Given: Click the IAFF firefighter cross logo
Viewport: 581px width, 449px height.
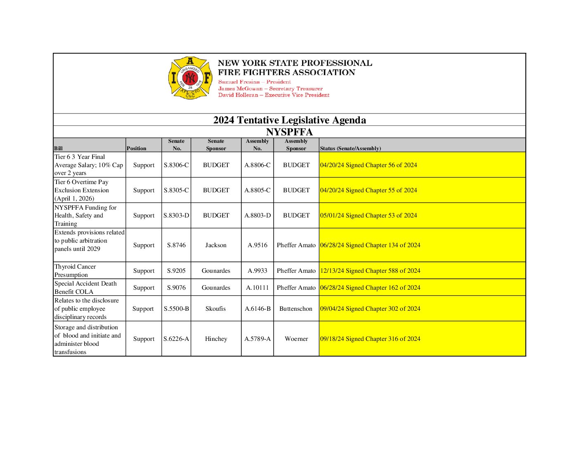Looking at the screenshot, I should [x=190, y=78].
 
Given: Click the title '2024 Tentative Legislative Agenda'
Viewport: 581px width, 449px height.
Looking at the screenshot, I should [x=289, y=120].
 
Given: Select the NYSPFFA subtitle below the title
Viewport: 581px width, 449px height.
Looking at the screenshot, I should [x=289, y=132].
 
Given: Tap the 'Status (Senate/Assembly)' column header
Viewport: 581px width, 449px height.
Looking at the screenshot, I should [x=350, y=149].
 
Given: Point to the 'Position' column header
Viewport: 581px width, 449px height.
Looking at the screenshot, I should [x=136, y=149].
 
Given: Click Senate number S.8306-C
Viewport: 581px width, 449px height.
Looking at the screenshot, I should [x=176, y=165].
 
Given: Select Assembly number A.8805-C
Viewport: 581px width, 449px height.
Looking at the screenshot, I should [x=257, y=190].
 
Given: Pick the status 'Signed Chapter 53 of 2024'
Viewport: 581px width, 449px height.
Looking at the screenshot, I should [x=368, y=215].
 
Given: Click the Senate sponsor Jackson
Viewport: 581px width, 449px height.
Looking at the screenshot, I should [x=216, y=245].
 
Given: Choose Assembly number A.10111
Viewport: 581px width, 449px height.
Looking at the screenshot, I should [x=257, y=288].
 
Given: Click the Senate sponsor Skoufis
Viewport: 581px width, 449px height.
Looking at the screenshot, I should [x=216, y=309].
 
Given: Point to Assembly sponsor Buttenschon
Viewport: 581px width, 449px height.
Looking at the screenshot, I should [x=296, y=309].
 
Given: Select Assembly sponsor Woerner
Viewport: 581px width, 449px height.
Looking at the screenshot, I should [x=296, y=339].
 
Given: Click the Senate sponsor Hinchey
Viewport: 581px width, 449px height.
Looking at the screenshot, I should [x=216, y=339].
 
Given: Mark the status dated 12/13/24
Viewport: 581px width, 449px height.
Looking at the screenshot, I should [x=370, y=271].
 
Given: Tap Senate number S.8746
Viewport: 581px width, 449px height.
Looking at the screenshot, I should [x=176, y=245].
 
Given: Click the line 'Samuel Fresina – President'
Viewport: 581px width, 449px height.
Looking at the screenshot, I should [x=254, y=82].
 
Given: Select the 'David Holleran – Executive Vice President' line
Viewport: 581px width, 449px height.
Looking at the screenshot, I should [x=274, y=95].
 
